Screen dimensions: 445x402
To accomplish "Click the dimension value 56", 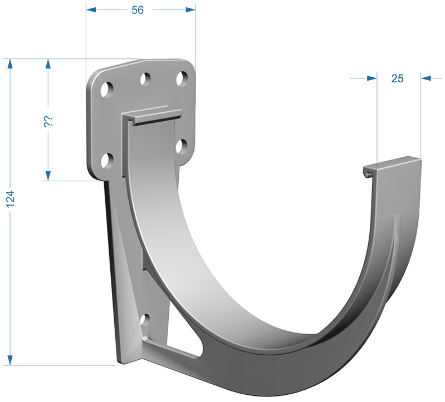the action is point(138,10).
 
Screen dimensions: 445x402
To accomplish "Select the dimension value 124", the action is point(11,199).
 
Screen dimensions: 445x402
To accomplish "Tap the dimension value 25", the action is point(397,78).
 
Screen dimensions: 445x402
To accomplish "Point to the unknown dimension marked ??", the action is point(47,122).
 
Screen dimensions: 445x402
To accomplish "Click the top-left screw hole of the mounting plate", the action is point(107,90).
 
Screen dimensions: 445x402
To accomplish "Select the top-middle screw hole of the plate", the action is point(145,80).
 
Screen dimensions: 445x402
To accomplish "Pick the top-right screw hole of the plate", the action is point(182,79).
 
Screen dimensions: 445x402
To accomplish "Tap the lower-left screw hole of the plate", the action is point(107,161).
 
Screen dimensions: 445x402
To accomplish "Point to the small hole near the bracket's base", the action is point(145,320).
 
